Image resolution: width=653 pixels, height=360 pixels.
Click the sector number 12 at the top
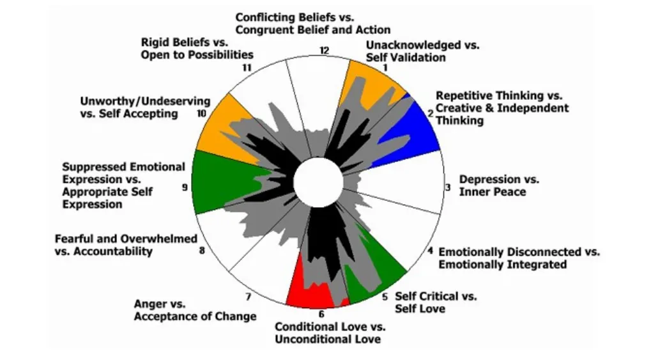click(325, 51)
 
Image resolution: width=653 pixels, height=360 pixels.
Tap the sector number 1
click(385, 67)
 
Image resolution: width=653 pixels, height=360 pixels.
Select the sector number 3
click(448, 187)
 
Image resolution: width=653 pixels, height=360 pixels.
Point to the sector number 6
click(321, 314)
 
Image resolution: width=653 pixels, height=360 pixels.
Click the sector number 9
click(185, 187)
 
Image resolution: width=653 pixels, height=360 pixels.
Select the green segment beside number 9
click(208, 182)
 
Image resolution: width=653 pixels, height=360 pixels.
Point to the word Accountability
click(113, 251)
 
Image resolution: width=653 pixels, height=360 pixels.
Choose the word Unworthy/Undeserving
click(145, 101)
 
